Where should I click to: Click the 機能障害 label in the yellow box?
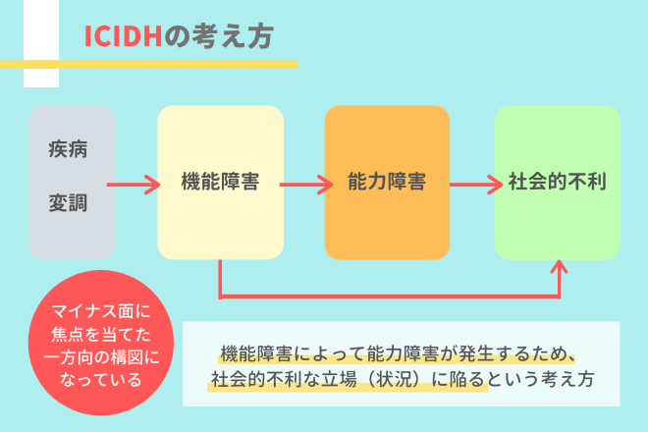tap(220, 182)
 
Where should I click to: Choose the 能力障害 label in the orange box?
tap(386, 182)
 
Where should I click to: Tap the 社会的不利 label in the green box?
tap(557, 182)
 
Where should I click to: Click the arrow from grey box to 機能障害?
tap(137, 183)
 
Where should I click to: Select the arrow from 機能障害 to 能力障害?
tap(304, 183)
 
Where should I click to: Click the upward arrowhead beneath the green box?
tap(561, 268)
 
